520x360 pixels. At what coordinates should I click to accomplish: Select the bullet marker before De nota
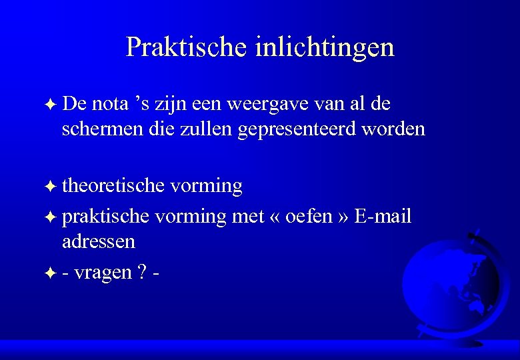(51, 105)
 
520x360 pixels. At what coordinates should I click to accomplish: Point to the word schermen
(101, 129)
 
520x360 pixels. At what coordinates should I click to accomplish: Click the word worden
(393, 129)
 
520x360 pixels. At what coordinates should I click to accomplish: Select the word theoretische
(113, 186)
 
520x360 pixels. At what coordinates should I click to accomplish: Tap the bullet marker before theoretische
(51, 187)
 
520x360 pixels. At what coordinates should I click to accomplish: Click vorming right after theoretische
(206, 186)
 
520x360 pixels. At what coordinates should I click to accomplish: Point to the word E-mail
(384, 217)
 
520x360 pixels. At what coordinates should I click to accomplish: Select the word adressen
(98, 241)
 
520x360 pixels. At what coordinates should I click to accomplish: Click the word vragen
(103, 273)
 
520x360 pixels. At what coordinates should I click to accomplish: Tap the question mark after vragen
(141, 272)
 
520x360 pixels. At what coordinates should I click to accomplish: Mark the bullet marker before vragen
(51, 273)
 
